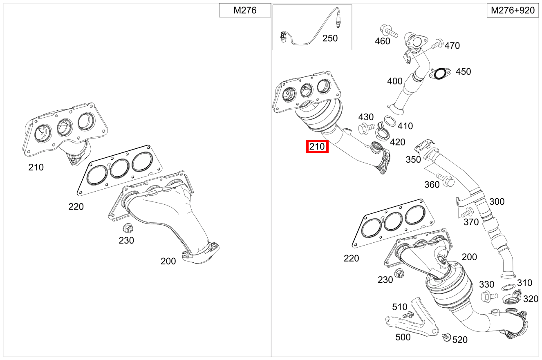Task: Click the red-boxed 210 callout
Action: [x=317, y=146]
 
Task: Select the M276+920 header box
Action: [x=512, y=11]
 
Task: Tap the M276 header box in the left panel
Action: [x=245, y=11]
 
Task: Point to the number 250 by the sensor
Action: [x=330, y=38]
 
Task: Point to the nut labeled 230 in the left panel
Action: [x=127, y=228]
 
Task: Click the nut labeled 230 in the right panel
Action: [x=399, y=273]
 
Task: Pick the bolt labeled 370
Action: [x=467, y=212]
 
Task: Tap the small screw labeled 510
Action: [x=408, y=315]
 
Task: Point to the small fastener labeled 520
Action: [x=446, y=337]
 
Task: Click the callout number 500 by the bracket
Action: [x=403, y=337]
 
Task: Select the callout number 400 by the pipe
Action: [x=395, y=81]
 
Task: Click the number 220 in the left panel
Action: [x=76, y=206]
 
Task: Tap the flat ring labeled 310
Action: [x=508, y=287]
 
